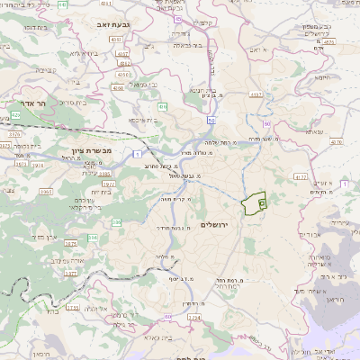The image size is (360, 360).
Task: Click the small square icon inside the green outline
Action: pyautogui.click(x=261, y=204)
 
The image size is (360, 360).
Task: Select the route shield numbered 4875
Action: pyautogui.click(x=328, y=41)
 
